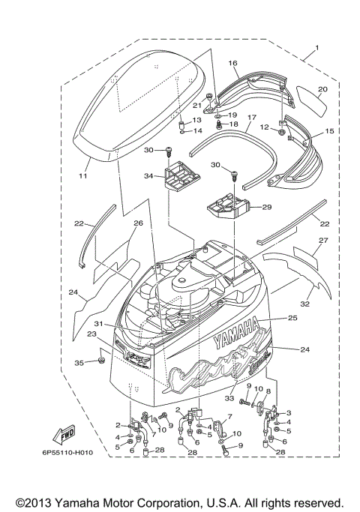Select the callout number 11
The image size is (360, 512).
pos(83,176)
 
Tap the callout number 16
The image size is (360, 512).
pos(232,64)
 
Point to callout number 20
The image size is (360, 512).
pos(322,88)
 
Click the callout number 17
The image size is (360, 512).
pos(251,118)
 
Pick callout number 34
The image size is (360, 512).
pos(148,177)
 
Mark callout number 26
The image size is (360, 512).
pos(137,223)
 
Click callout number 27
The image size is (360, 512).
pos(324,241)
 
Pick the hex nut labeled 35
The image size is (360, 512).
pos(100,364)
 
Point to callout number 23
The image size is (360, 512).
pos(92,335)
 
